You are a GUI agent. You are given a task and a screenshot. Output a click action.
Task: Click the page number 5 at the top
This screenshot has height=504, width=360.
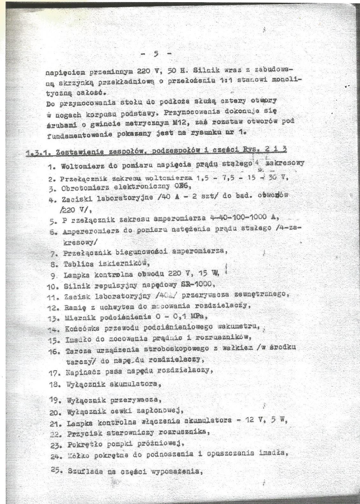(156, 54)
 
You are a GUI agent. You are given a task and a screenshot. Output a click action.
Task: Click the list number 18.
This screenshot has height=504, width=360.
(55, 384)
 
